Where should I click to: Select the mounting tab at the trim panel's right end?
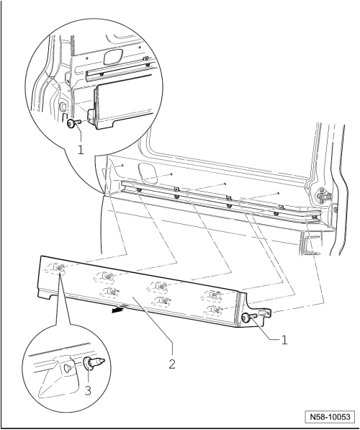(265, 313)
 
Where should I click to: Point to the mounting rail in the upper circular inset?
(115, 73)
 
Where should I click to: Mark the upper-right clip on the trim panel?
(214, 294)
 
